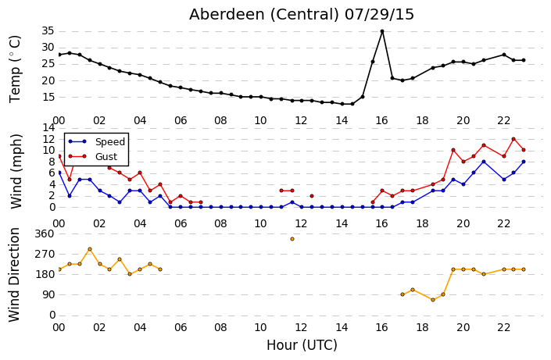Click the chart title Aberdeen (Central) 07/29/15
tap(302, 15)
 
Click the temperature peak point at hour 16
tap(382, 31)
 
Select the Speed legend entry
tap(96, 141)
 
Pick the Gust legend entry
tap(93, 156)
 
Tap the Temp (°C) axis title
tap(16, 69)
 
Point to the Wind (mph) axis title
tap(16, 171)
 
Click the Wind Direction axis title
tap(14, 275)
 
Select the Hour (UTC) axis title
tap(302, 345)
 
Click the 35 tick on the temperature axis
tap(48, 31)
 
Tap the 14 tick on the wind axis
tap(48, 127)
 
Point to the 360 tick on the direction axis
tap(45, 234)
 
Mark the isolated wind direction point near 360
tap(292, 239)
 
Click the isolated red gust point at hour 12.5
tap(312, 196)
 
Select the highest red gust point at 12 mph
tap(513, 139)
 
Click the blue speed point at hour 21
tap(484, 162)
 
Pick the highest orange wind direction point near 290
tap(90, 249)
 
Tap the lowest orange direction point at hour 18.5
tap(433, 300)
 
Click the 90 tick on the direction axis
tap(48, 294)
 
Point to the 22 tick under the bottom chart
tap(503, 328)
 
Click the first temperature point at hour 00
tap(59, 55)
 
